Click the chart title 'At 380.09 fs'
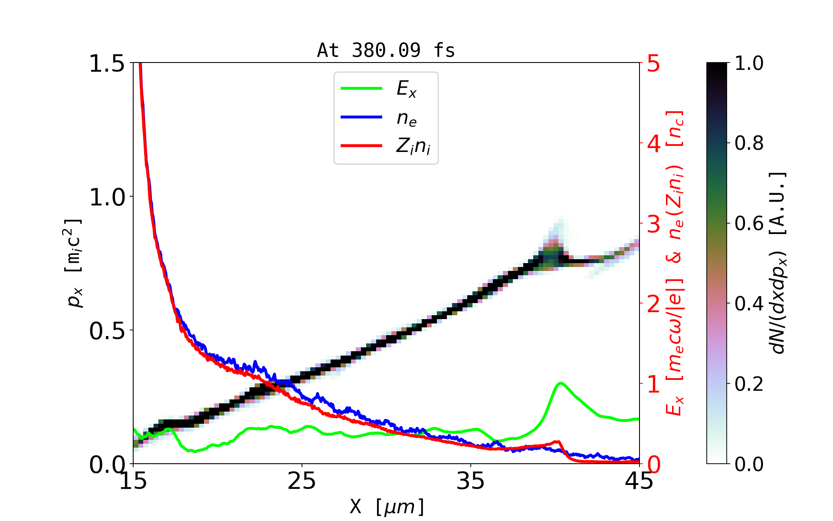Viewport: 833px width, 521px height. coord(386,51)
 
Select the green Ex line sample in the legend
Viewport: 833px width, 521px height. coord(361,89)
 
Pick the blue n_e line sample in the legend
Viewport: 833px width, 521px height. coord(361,117)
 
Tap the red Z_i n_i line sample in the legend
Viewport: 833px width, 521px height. coord(361,146)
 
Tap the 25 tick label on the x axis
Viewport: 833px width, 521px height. coord(302,481)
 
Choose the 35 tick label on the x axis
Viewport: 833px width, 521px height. coord(470,481)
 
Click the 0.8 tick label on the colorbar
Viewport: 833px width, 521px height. coord(749,143)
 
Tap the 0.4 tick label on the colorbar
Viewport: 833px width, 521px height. coord(749,304)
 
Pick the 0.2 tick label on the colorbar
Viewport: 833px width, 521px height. coord(749,384)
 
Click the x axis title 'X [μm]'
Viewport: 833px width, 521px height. coord(387,506)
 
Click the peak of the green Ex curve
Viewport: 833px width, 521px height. coord(561,383)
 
